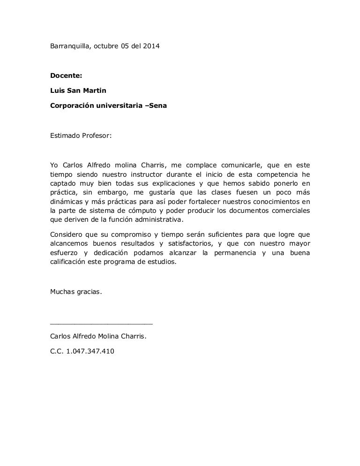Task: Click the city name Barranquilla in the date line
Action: click(68, 46)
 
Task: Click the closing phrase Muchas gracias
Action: click(75, 291)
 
